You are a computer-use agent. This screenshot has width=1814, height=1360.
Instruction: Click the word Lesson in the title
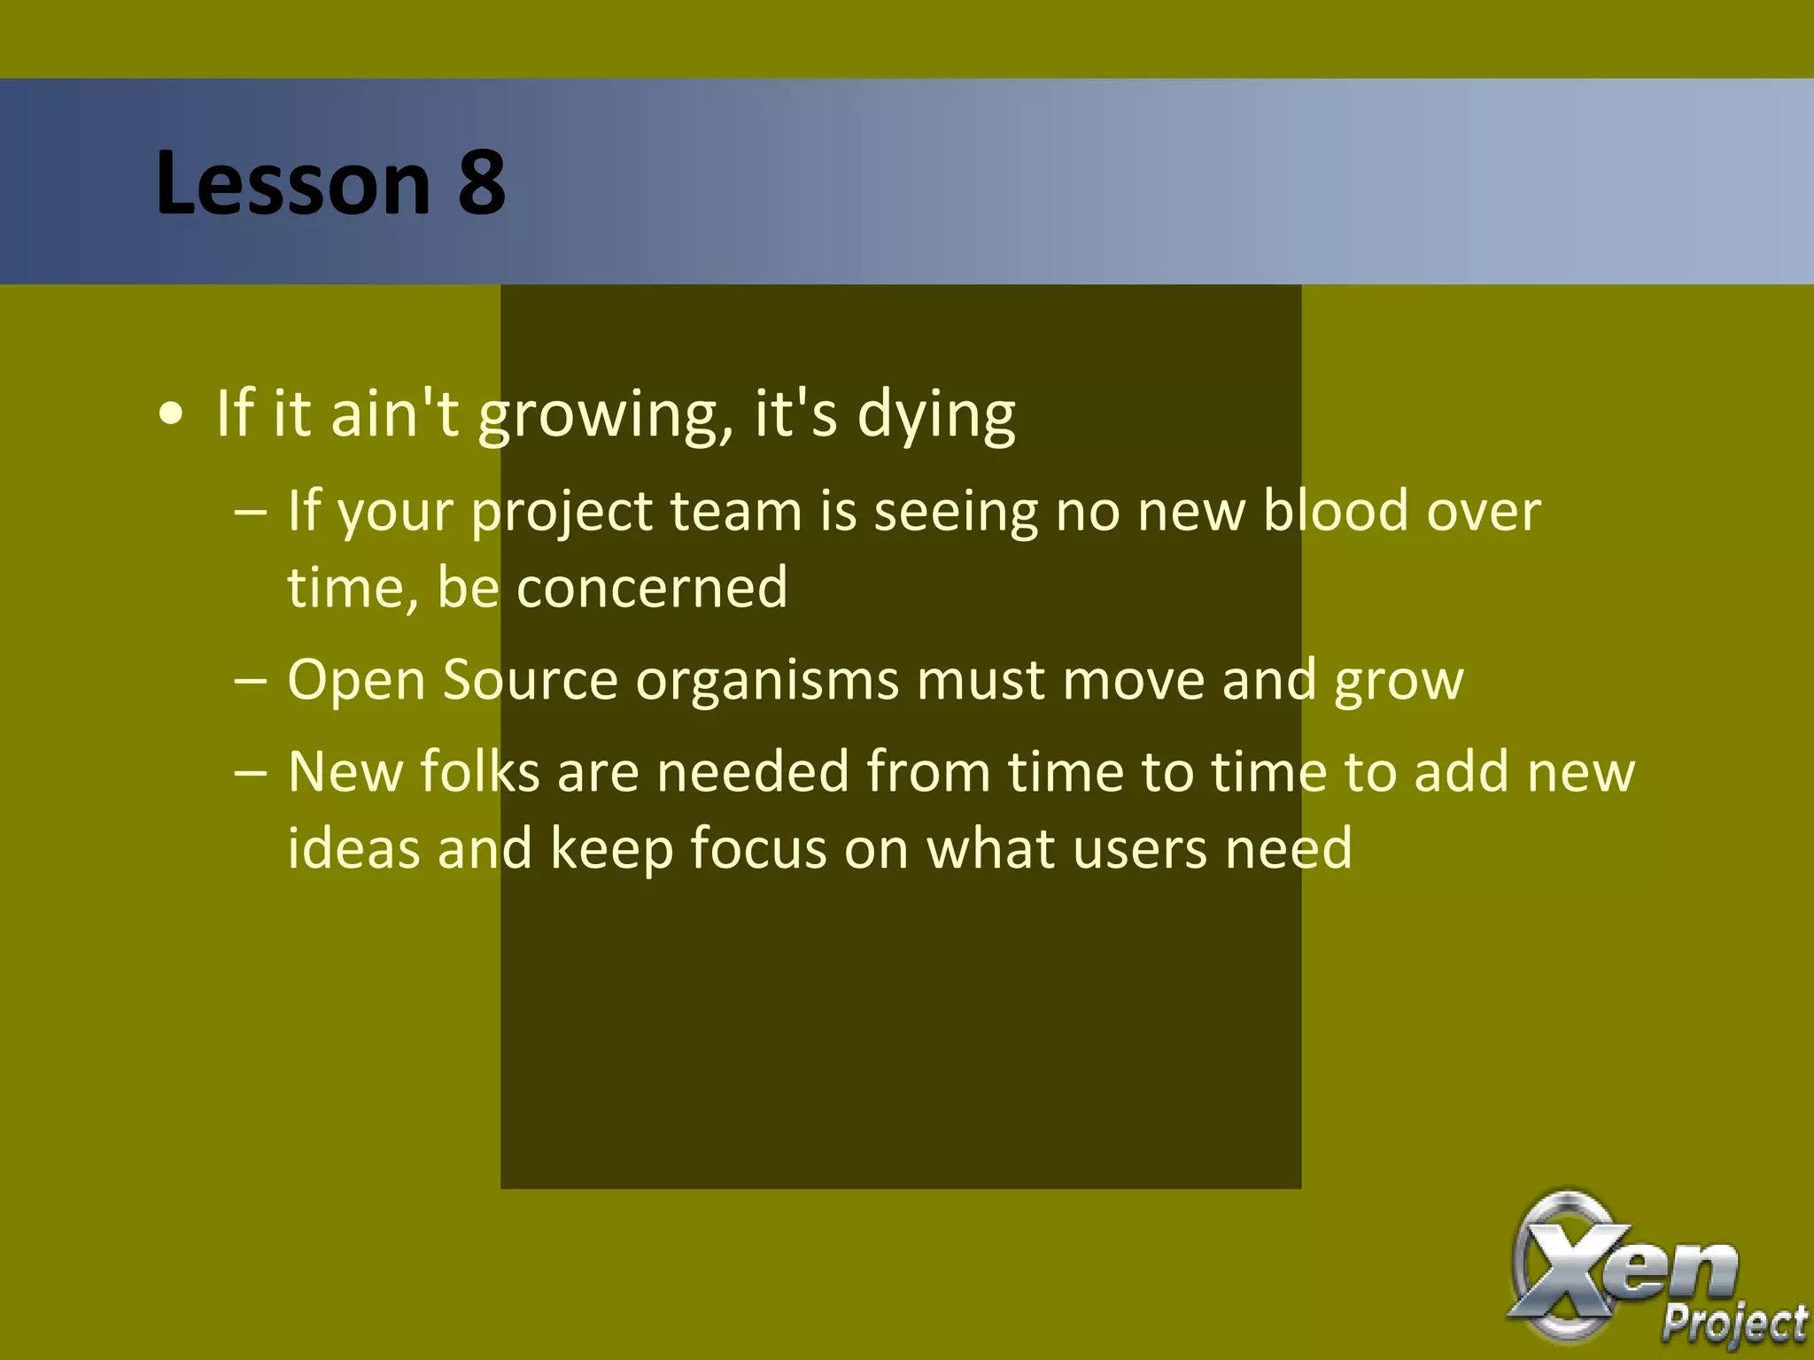click(293, 182)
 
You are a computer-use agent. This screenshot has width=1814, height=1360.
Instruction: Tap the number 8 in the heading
click(481, 182)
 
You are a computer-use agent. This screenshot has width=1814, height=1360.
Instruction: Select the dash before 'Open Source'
click(251, 680)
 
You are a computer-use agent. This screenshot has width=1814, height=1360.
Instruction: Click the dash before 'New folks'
click(251, 771)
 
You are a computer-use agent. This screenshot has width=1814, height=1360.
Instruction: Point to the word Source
click(529, 680)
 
